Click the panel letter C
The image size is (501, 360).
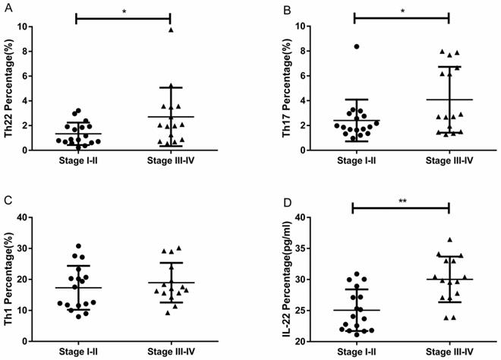click(8, 201)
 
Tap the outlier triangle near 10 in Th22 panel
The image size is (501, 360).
click(171, 30)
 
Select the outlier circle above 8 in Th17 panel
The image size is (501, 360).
click(357, 47)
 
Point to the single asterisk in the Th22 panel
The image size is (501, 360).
click(124, 11)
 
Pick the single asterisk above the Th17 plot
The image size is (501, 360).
click(402, 11)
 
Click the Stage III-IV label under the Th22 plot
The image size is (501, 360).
click(171, 162)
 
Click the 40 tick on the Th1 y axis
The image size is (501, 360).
click(46, 218)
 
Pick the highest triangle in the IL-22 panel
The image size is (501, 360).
click(449, 240)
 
